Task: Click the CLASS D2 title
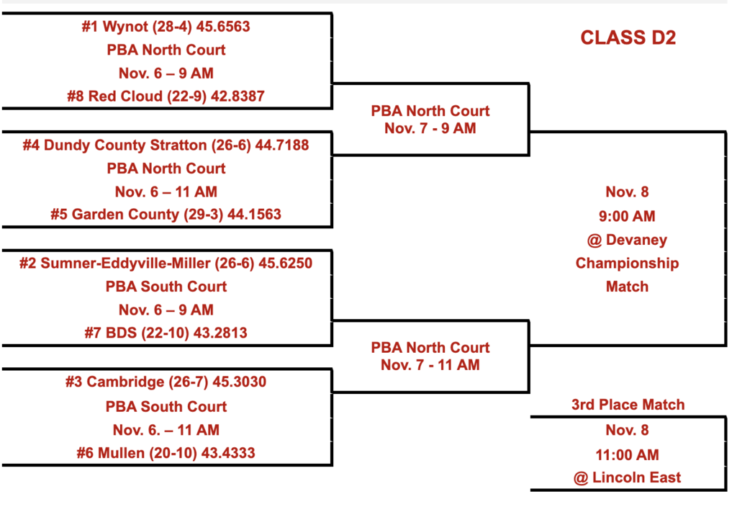click(628, 38)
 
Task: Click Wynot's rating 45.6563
click(225, 27)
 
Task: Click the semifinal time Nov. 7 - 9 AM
click(430, 129)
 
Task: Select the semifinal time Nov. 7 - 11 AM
click(430, 365)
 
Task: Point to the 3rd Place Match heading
click(628, 405)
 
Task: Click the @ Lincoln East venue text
click(627, 477)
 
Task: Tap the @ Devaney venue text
click(627, 240)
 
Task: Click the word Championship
click(627, 263)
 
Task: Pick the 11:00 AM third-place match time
click(627, 454)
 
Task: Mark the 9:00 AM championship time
click(627, 216)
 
